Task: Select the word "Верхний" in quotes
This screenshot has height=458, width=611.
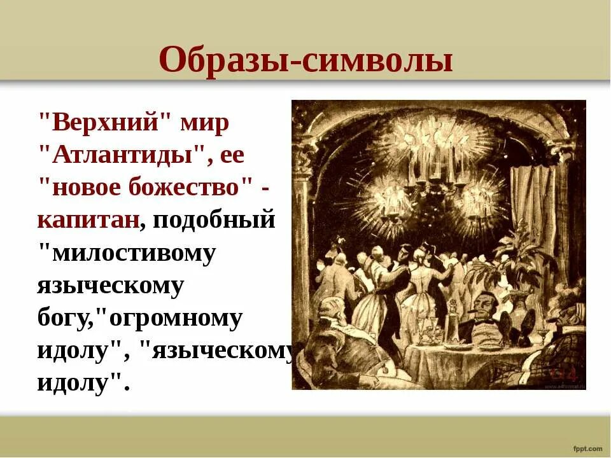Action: (x=106, y=122)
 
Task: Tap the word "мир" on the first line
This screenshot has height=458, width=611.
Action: (x=204, y=122)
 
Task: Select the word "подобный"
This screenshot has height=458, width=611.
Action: (x=213, y=220)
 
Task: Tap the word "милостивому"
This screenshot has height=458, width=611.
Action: (x=127, y=253)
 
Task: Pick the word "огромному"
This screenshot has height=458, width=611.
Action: (x=176, y=319)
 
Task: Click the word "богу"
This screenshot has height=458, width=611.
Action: (x=63, y=319)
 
